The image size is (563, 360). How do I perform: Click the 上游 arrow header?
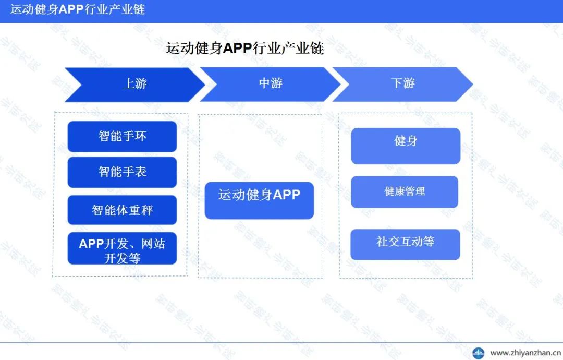point(134,85)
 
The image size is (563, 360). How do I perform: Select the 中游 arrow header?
point(270,84)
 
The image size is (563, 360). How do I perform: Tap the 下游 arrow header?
point(403,84)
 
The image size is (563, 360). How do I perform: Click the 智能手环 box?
point(122,137)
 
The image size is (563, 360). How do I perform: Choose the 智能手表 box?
point(122,172)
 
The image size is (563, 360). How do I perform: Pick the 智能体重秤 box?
point(122,210)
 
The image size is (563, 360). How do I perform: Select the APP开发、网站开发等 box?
point(122,248)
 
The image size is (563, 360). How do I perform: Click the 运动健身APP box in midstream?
point(259,200)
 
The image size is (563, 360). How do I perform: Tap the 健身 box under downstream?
point(406,146)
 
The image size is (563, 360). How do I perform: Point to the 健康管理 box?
point(405,192)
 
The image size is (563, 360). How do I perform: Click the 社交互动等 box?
point(406,244)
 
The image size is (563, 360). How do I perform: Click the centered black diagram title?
point(245,48)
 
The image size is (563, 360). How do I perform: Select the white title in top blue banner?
point(78,9)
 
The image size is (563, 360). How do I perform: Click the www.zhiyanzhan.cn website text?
point(525,353)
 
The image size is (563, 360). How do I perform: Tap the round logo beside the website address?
point(478,353)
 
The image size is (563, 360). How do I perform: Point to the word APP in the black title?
point(237,49)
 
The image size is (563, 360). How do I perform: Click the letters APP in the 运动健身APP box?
point(287,195)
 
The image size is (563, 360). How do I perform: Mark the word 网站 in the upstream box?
point(153,244)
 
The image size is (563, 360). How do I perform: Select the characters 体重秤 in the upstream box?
point(134,210)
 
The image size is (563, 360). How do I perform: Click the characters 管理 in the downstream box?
point(415,191)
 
